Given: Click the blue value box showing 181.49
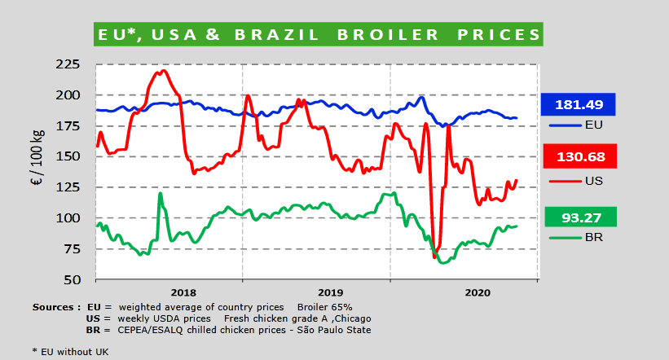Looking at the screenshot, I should click(x=578, y=104).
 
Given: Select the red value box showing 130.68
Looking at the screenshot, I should click(x=578, y=156).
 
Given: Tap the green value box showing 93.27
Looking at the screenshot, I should click(x=578, y=217).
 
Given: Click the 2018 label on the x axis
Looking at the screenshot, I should click(x=183, y=292).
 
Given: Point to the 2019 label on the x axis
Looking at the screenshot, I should click(x=330, y=292).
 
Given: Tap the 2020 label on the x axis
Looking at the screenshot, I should click(x=477, y=292).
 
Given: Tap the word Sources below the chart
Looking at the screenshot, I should click(x=54, y=307).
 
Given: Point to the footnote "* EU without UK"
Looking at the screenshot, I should click(x=70, y=351).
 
